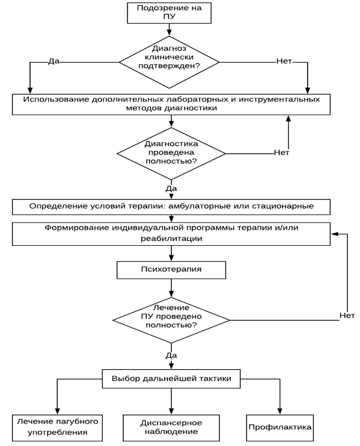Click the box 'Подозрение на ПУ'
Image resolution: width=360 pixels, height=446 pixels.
pyautogui.click(x=169, y=13)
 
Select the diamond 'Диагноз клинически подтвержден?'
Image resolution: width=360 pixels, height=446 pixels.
pyautogui.click(x=169, y=62)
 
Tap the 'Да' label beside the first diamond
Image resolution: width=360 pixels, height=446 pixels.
pyautogui.click(x=54, y=61)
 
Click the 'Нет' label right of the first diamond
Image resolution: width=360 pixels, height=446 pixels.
pyautogui.click(x=284, y=61)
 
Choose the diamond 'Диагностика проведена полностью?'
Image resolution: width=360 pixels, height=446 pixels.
pyautogui.click(x=171, y=154)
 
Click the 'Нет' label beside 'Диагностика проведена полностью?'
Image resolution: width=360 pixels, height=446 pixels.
pyautogui.click(x=282, y=153)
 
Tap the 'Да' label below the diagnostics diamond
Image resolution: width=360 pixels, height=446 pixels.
pyautogui.click(x=171, y=188)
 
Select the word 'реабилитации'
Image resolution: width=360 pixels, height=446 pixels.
pyautogui.click(x=171, y=239)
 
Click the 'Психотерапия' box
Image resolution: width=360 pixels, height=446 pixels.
pyautogui.click(x=171, y=270)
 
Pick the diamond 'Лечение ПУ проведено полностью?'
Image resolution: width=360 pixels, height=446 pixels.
pyautogui.click(x=171, y=320)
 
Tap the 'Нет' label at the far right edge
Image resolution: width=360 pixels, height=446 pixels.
pyautogui.click(x=347, y=315)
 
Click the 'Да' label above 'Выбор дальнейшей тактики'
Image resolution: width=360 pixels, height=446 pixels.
pyautogui.click(x=171, y=355)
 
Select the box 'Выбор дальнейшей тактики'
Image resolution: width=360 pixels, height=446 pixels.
pyautogui.click(x=171, y=379)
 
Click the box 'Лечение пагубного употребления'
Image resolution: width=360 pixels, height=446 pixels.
pyautogui.click(x=57, y=428)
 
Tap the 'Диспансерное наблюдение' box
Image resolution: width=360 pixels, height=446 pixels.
pyautogui.click(x=171, y=428)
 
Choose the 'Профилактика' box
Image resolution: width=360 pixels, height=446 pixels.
pyautogui.click(x=280, y=428)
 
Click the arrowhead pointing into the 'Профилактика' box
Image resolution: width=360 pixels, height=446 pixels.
pyautogui.click(x=280, y=411)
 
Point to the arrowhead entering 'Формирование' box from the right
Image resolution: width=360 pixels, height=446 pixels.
pyautogui.click(x=334, y=234)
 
